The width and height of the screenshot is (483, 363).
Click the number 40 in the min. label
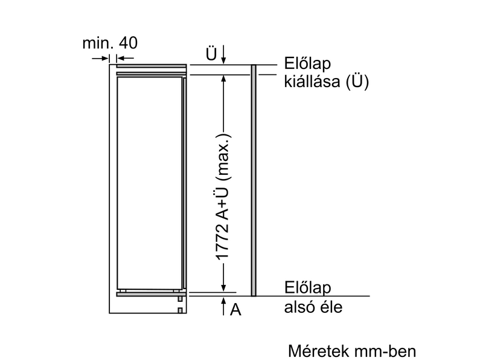128,43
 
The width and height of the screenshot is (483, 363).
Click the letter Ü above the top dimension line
211,53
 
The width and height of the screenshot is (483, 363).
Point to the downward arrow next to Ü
224,54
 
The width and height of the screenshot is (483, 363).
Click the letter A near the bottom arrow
235,310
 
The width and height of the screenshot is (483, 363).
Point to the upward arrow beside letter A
224,306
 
